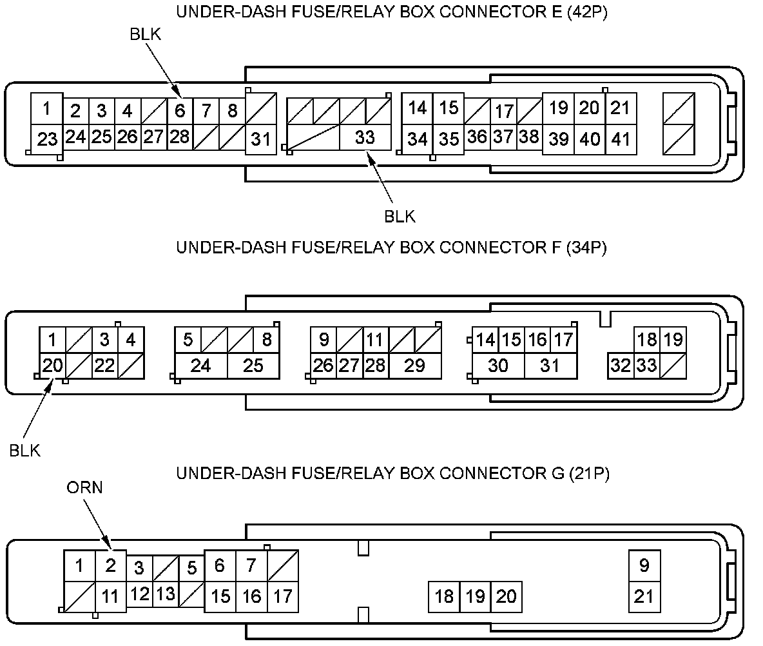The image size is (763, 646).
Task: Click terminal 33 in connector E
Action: [365, 137]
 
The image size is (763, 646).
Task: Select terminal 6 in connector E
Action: [180, 111]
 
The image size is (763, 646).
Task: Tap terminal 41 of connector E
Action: [620, 139]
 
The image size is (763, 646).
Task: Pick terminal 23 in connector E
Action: [47, 139]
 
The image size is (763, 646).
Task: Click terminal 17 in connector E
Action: [503, 112]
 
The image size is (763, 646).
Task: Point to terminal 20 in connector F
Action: [52, 366]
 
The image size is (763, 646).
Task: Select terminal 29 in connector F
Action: [415, 366]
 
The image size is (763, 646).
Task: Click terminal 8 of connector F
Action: [267, 339]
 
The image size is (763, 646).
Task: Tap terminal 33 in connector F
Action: [646, 366]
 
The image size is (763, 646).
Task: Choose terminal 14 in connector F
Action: [485, 339]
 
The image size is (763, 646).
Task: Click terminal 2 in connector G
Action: [111, 566]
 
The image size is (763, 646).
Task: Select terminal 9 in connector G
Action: [644, 566]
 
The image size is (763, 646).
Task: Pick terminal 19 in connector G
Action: [476, 597]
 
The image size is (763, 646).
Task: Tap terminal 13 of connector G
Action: [166, 594]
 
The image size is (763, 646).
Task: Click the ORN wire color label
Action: [84, 487]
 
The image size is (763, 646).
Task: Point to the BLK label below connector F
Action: [24, 450]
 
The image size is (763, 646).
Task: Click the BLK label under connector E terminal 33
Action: [400, 217]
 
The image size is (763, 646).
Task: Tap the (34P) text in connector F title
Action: [585, 248]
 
